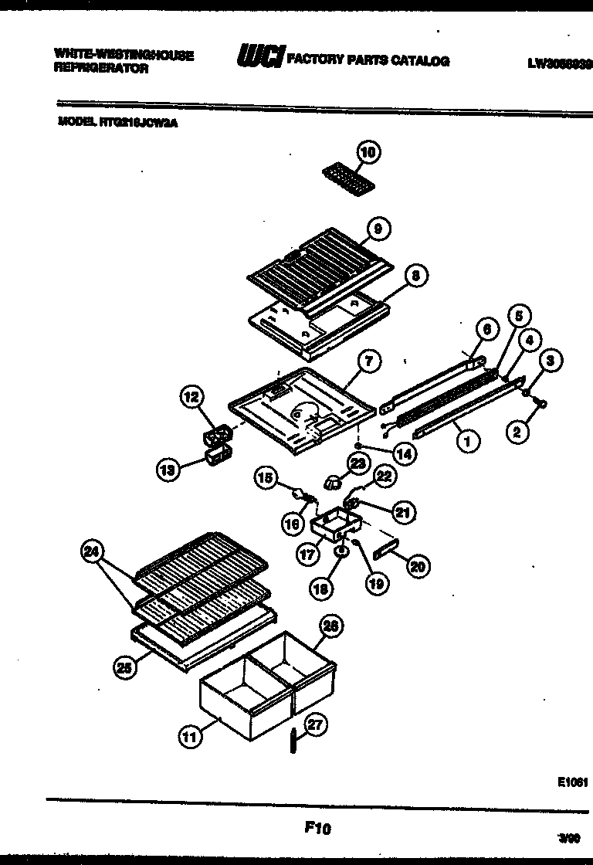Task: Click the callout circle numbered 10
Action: click(368, 153)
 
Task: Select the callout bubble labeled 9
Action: click(377, 228)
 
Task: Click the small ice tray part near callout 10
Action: click(344, 182)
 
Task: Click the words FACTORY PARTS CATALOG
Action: click(368, 60)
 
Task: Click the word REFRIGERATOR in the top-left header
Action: click(100, 69)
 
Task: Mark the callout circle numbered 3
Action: click(550, 360)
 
